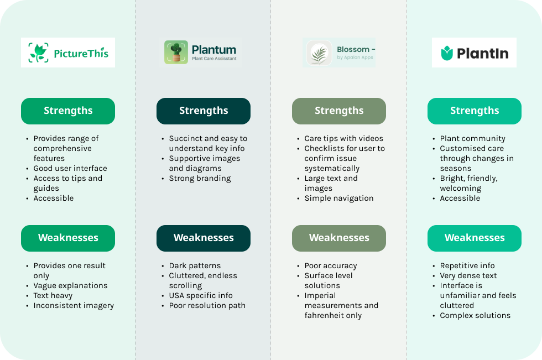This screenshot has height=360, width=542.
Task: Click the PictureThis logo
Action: (67, 53)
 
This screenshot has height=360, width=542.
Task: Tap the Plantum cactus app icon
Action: (176, 52)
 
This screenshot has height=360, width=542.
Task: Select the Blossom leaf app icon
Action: (319, 53)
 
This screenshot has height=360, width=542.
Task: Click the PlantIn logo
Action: (474, 53)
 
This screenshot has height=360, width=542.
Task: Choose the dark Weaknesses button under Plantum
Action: (204, 238)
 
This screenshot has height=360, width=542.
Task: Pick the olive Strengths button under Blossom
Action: (338, 111)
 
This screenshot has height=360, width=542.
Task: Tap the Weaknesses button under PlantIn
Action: (475, 238)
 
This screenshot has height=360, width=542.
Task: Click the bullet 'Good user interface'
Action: (70, 168)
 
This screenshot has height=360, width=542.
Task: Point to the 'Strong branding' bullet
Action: (200, 178)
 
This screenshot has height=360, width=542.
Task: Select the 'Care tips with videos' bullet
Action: (343, 139)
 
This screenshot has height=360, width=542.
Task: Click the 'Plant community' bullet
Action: (472, 139)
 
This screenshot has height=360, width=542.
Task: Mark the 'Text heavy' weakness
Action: (53, 296)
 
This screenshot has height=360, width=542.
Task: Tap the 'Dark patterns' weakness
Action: (195, 265)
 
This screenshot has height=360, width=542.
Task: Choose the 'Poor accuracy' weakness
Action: (331, 265)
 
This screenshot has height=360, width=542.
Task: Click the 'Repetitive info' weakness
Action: (467, 265)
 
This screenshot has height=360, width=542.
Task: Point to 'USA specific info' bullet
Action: (200, 296)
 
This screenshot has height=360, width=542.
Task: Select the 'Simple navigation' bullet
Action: (338, 199)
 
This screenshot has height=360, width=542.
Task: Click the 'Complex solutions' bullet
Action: (475, 315)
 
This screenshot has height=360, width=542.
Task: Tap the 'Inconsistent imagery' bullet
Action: (74, 306)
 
